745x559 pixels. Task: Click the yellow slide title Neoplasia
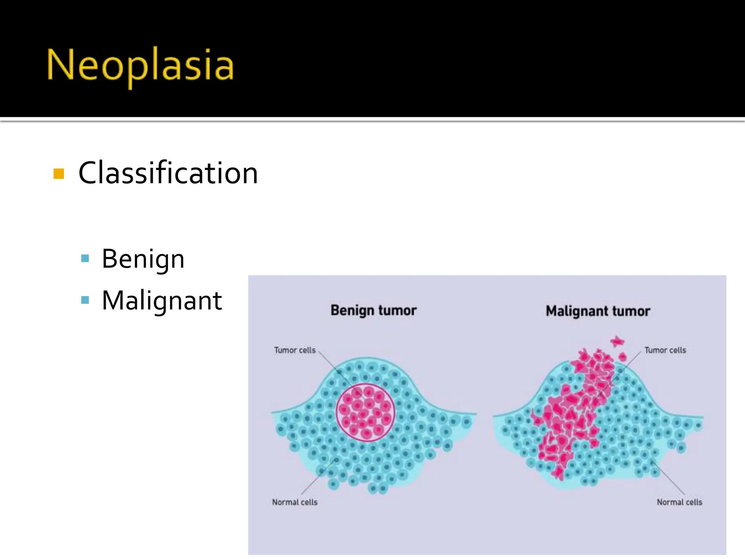[140, 66]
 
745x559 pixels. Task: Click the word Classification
[168, 173]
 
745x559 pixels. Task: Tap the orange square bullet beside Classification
[59, 174]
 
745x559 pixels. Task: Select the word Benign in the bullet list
[143, 259]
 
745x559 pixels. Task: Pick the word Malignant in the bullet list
[162, 301]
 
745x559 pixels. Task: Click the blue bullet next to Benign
[85, 259]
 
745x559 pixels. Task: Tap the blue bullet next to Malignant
[85, 300]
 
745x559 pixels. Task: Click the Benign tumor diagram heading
[373, 310]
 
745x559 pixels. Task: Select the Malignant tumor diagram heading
[598, 311]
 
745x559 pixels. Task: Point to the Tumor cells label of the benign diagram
[295, 350]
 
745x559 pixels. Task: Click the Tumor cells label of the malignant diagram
[665, 350]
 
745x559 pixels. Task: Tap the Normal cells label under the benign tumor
[295, 502]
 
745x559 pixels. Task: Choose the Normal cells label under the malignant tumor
[679, 502]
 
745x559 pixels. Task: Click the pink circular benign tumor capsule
[365, 412]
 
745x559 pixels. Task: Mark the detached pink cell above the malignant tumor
[617, 342]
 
